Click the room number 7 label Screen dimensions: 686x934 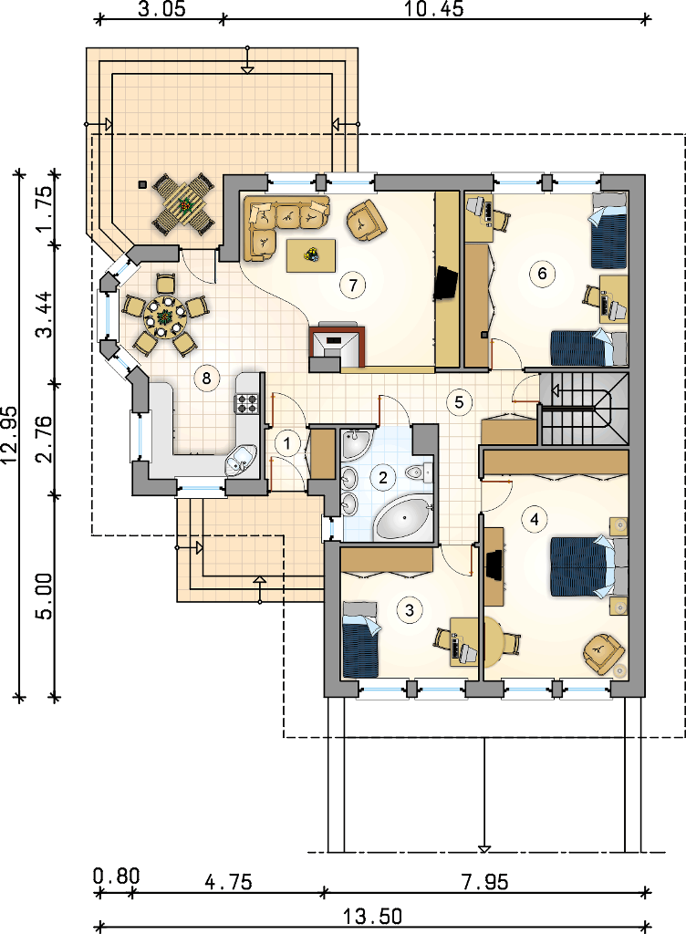[x=352, y=285]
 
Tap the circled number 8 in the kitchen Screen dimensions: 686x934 [x=207, y=378]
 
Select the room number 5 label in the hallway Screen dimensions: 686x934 [x=459, y=401]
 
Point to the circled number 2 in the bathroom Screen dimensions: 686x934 [x=383, y=476]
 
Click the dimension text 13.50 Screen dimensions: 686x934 [x=373, y=916]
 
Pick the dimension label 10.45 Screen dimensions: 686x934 [x=433, y=9]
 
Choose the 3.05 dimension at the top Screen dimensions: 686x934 [x=161, y=9]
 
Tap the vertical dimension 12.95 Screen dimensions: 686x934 [x=10, y=435]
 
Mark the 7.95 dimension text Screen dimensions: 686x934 [x=485, y=881]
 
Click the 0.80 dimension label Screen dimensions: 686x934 [x=117, y=877]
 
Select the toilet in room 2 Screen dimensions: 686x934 [x=418, y=472]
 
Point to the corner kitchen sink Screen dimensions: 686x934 [x=241, y=461]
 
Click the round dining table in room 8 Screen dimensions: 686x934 [x=165, y=316]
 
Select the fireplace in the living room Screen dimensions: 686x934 [x=338, y=347]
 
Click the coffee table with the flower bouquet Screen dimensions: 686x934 [x=310, y=255]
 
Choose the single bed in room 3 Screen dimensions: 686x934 [x=361, y=639]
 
